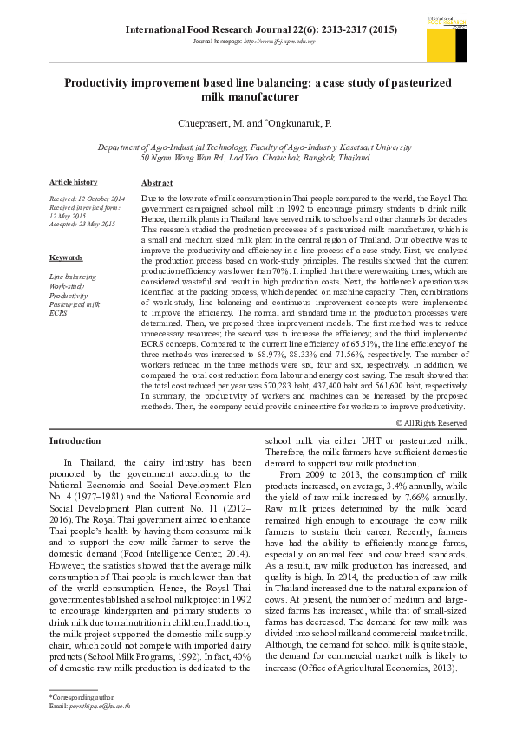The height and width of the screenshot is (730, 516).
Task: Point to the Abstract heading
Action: click(x=157, y=183)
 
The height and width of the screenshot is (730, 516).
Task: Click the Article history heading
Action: click(x=73, y=182)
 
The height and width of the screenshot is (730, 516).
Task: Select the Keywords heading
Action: click(x=66, y=258)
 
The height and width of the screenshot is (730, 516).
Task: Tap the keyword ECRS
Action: click(x=59, y=313)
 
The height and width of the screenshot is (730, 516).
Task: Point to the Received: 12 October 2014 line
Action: click(x=87, y=199)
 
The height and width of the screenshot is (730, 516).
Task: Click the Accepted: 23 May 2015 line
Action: click(x=82, y=224)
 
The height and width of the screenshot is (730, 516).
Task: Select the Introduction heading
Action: click(x=76, y=442)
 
